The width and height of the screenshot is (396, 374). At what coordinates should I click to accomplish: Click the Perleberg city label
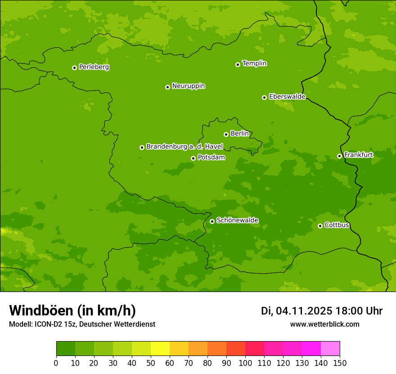(94, 67)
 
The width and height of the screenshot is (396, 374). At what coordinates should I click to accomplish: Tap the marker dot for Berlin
(226, 134)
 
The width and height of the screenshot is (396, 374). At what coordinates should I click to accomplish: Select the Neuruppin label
(189, 86)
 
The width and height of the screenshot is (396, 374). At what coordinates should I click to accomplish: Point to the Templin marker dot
(238, 64)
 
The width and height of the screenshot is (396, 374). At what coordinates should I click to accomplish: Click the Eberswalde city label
(287, 97)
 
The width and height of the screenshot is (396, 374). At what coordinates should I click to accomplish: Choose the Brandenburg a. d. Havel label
(184, 147)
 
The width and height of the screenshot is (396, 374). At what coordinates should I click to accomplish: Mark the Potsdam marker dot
(193, 158)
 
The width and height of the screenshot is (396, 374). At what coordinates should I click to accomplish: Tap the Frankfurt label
(359, 155)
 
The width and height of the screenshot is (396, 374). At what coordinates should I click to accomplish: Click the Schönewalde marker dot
(212, 221)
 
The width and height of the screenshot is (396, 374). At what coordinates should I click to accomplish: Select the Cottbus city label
(337, 225)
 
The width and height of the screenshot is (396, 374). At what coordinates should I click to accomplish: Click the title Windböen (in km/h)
(72, 310)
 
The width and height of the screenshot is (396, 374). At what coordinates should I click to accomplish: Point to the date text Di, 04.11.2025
(297, 311)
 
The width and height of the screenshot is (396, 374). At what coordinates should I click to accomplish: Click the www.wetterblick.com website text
(324, 324)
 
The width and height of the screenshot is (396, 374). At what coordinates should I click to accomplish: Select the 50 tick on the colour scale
(151, 363)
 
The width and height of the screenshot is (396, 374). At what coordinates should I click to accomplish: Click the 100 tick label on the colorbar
(245, 363)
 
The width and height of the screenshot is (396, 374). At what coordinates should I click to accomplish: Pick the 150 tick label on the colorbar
(340, 363)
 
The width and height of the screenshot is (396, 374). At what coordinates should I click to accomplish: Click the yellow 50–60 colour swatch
(160, 349)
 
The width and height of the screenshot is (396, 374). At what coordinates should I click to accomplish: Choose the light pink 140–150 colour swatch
(330, 349)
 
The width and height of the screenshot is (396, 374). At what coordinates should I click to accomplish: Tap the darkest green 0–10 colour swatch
(66, 349)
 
